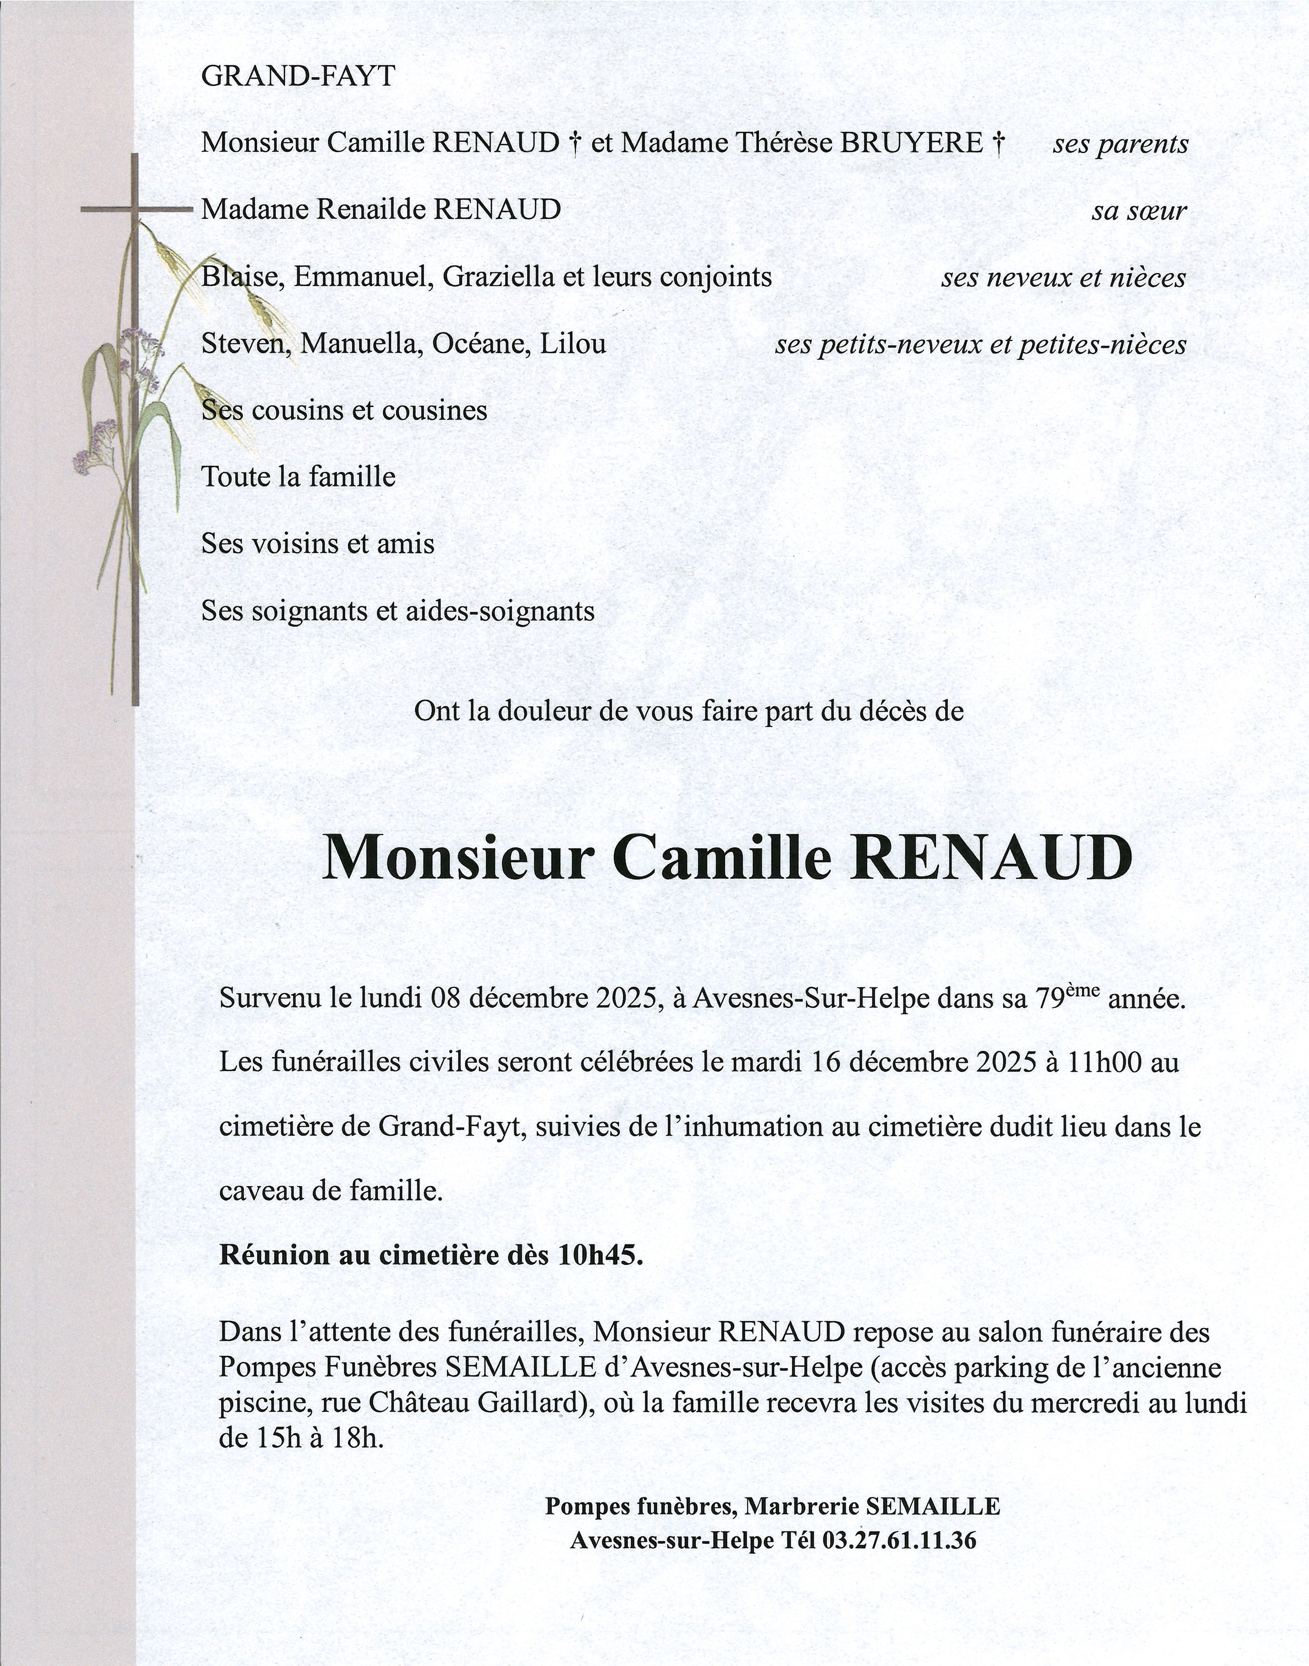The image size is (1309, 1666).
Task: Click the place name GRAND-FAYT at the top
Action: [297, 76]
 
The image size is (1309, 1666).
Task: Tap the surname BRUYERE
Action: [912, 143]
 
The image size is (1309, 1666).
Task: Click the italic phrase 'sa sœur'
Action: [1139, 211]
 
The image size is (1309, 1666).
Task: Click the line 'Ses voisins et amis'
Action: [318, 544]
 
